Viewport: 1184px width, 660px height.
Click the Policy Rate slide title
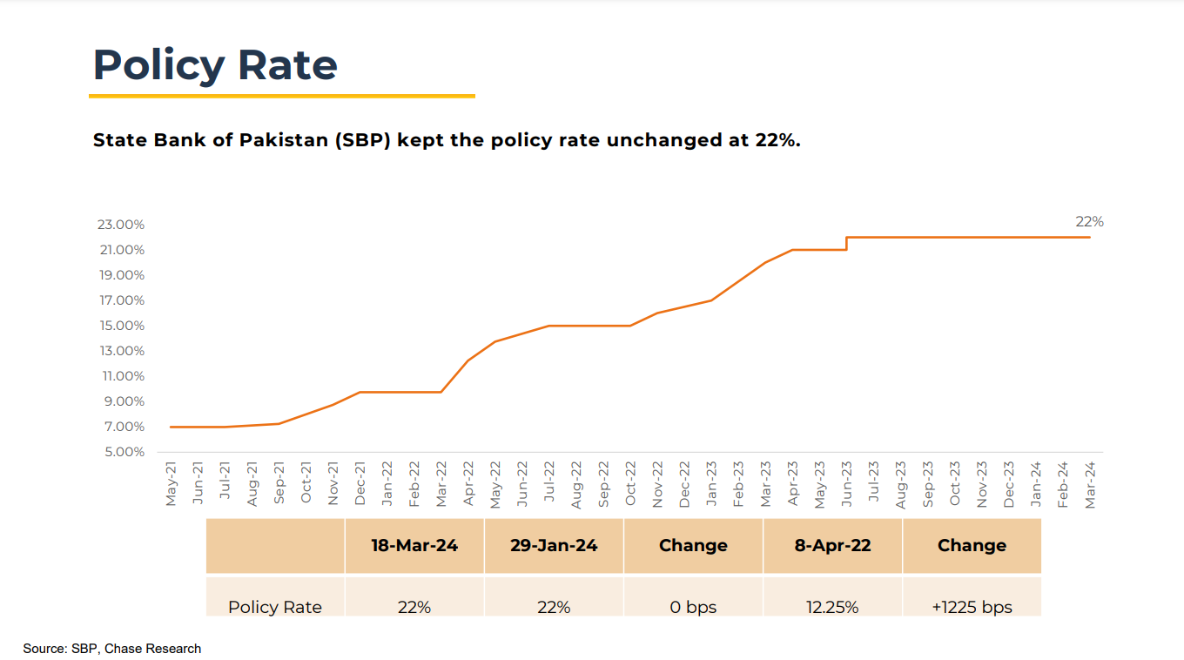click(x=215, y=65)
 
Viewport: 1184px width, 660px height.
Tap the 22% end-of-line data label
click(x=1089, y=222)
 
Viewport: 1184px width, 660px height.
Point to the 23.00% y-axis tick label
click(x=121, y=225)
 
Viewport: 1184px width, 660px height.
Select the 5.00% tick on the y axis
click(x=121, y=452)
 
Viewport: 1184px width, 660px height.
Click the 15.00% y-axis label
click(x=121, y=326)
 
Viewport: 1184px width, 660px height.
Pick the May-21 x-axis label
click(x=171, y=484)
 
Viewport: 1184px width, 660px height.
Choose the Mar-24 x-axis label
click(x=1090, y=484)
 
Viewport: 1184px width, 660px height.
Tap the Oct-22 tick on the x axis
click(x=630, y=484)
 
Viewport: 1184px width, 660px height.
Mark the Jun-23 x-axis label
click(x=846, y=484)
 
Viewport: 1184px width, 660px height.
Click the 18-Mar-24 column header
click(x=414, y=546)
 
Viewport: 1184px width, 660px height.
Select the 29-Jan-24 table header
click(x=554, y=546)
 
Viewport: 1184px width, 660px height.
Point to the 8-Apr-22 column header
click(x=832, y=546)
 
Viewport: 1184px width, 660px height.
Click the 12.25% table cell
click(x=832, y=607)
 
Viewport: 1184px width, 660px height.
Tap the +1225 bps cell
click(x=972, y=607)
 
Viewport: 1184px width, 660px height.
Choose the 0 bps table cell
click(x=693, y=607)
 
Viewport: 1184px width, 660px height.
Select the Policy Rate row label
click(x=275, y=607)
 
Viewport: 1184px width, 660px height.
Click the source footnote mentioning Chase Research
click(x=112, y=649)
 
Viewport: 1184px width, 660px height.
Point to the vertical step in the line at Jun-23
click(x=846, y=243)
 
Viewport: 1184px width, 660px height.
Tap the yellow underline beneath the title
click(x=282, y=96)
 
